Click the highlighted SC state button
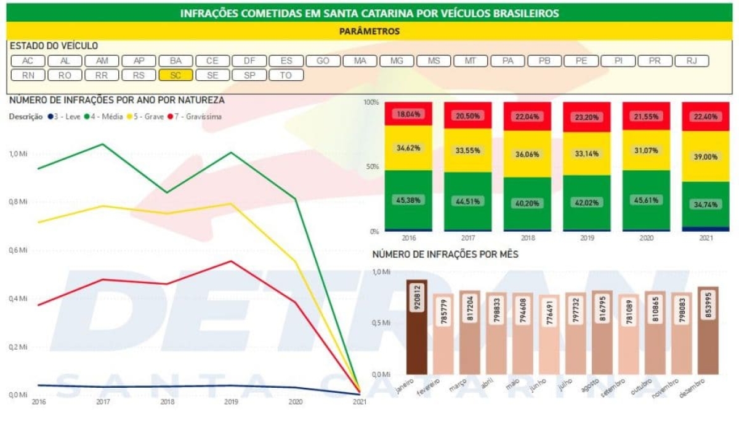click(176, 75)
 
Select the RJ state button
click(692, 61)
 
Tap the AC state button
click(28, 61)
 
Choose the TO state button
click(286, 75)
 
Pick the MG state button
click(397, 61)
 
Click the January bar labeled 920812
click(417, 327)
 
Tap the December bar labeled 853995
click(708, 330)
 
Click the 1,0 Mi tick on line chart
click(18, 154)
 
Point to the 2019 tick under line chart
click(230, 402)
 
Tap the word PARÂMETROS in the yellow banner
click(369, 31)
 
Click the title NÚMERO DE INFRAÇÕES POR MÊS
click(445, 254)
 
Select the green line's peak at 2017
click(102, 144)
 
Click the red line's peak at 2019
click(230, 261)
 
